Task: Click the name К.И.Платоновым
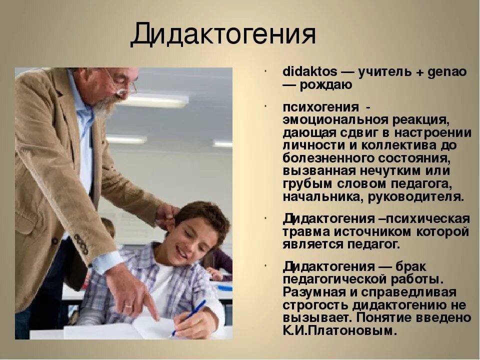pos(340,331)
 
